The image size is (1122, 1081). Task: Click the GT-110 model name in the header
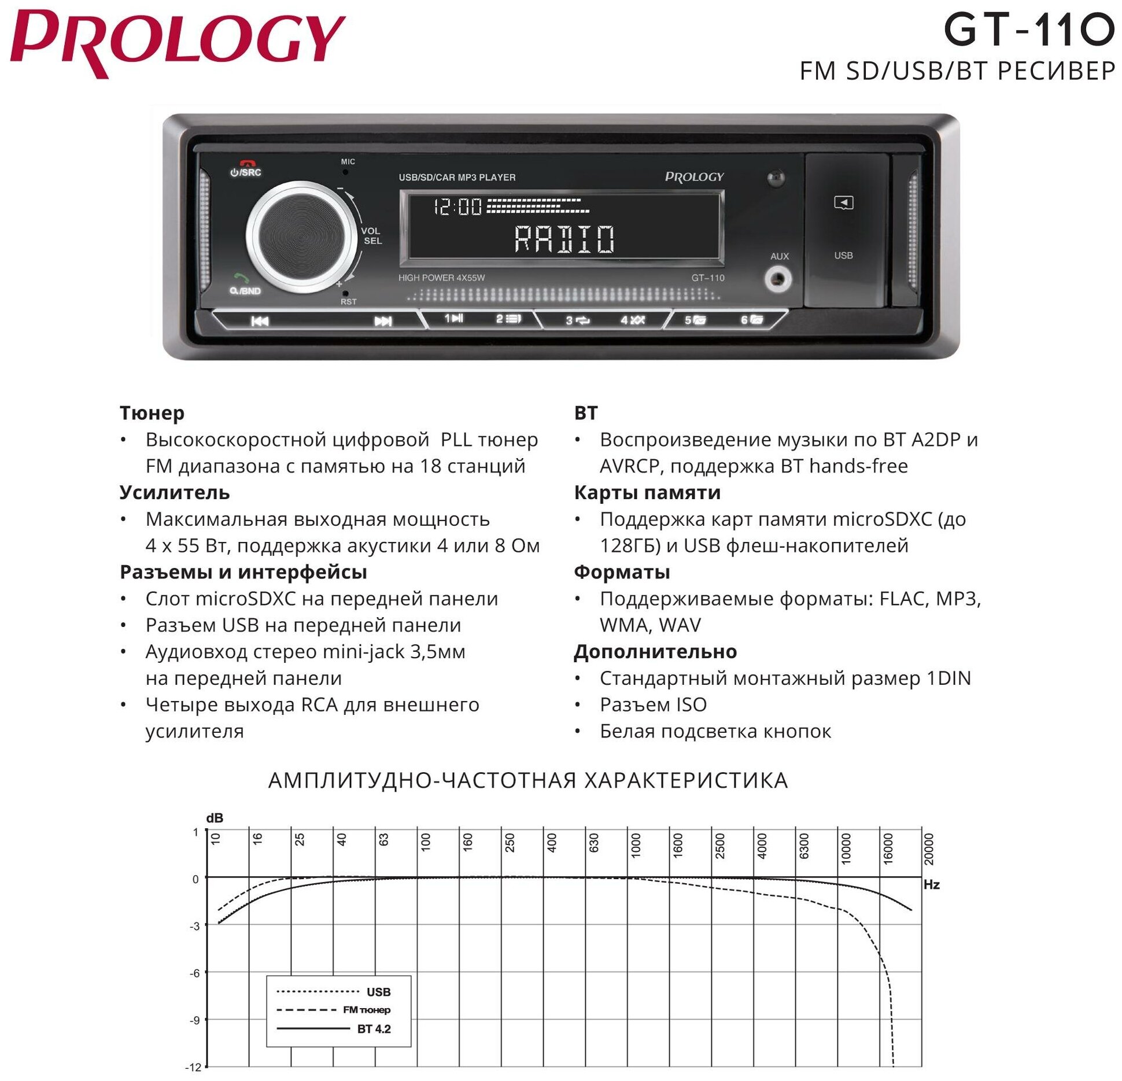coord(1028,30)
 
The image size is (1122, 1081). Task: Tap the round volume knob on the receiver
coord(300,237)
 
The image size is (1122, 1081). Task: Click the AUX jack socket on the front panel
coord(778,280)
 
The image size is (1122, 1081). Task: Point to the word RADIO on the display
coord(564,238)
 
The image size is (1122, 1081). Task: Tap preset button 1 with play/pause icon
coord(453,318)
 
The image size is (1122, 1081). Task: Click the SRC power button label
coord(246,171)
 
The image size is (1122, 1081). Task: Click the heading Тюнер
coord(152,413)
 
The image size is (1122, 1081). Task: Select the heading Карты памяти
coord(647,492)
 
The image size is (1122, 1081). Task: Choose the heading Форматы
coord(621,571)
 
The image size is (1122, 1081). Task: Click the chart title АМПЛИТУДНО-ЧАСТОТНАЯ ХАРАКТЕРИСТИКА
coord(527,780)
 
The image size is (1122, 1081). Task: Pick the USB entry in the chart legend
coord(378,992)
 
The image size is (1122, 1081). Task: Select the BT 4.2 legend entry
coord(374,1029)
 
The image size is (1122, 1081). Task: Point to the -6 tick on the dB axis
coord(194,973)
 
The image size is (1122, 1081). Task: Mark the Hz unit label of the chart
coord(931,884)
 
